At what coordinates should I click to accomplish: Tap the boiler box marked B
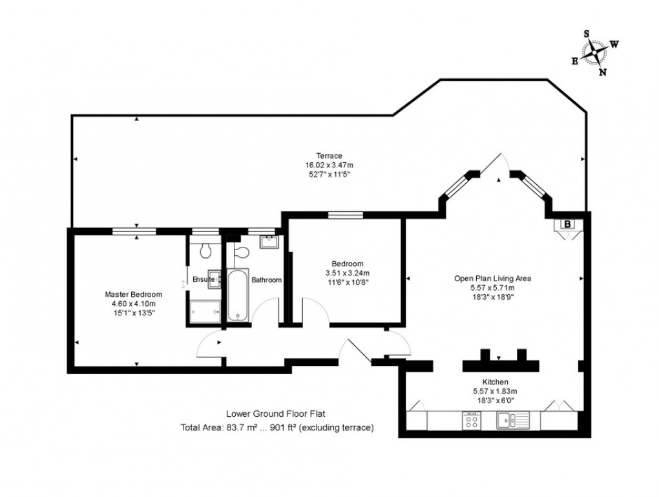click(567, 224)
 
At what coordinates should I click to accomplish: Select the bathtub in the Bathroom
click(238, 295)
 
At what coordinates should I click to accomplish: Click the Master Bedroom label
click(134, 295)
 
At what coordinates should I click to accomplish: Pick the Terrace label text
click(328, 156)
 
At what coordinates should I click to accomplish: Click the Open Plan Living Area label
click(492, 279)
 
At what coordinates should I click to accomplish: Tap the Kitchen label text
click(494, 382)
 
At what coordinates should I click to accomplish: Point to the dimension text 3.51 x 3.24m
click(347, 273)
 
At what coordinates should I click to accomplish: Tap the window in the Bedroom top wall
click(346, 215)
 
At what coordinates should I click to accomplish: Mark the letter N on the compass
click(603, 72)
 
